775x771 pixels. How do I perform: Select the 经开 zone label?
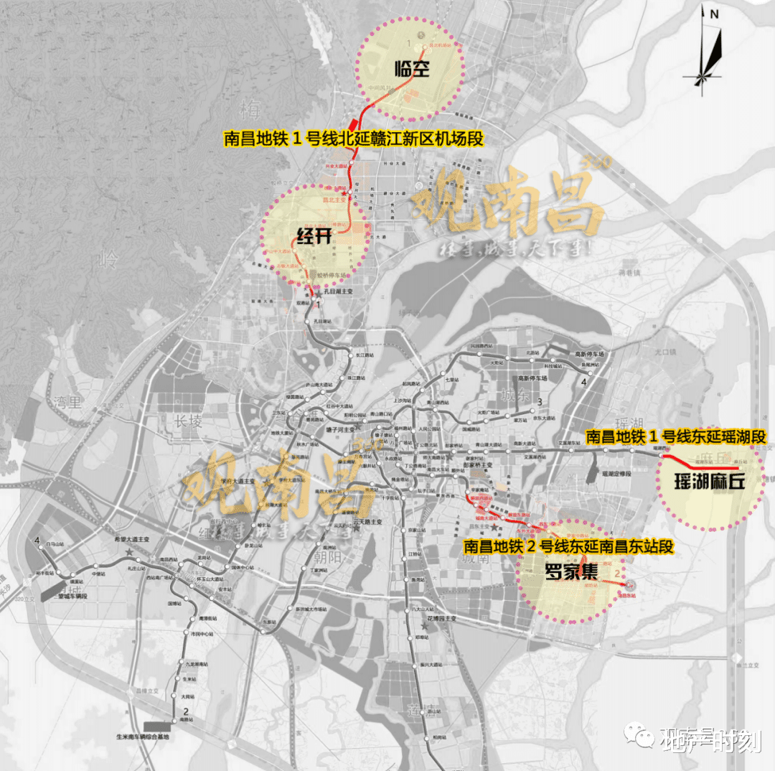pos(314,235)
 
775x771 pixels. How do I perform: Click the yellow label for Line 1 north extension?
pos(355,139)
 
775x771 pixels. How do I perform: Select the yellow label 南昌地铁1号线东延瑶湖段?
pos(676,436)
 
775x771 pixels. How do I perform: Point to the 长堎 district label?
pos(188,421)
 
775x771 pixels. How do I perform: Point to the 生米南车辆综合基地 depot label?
pos(147,737)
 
